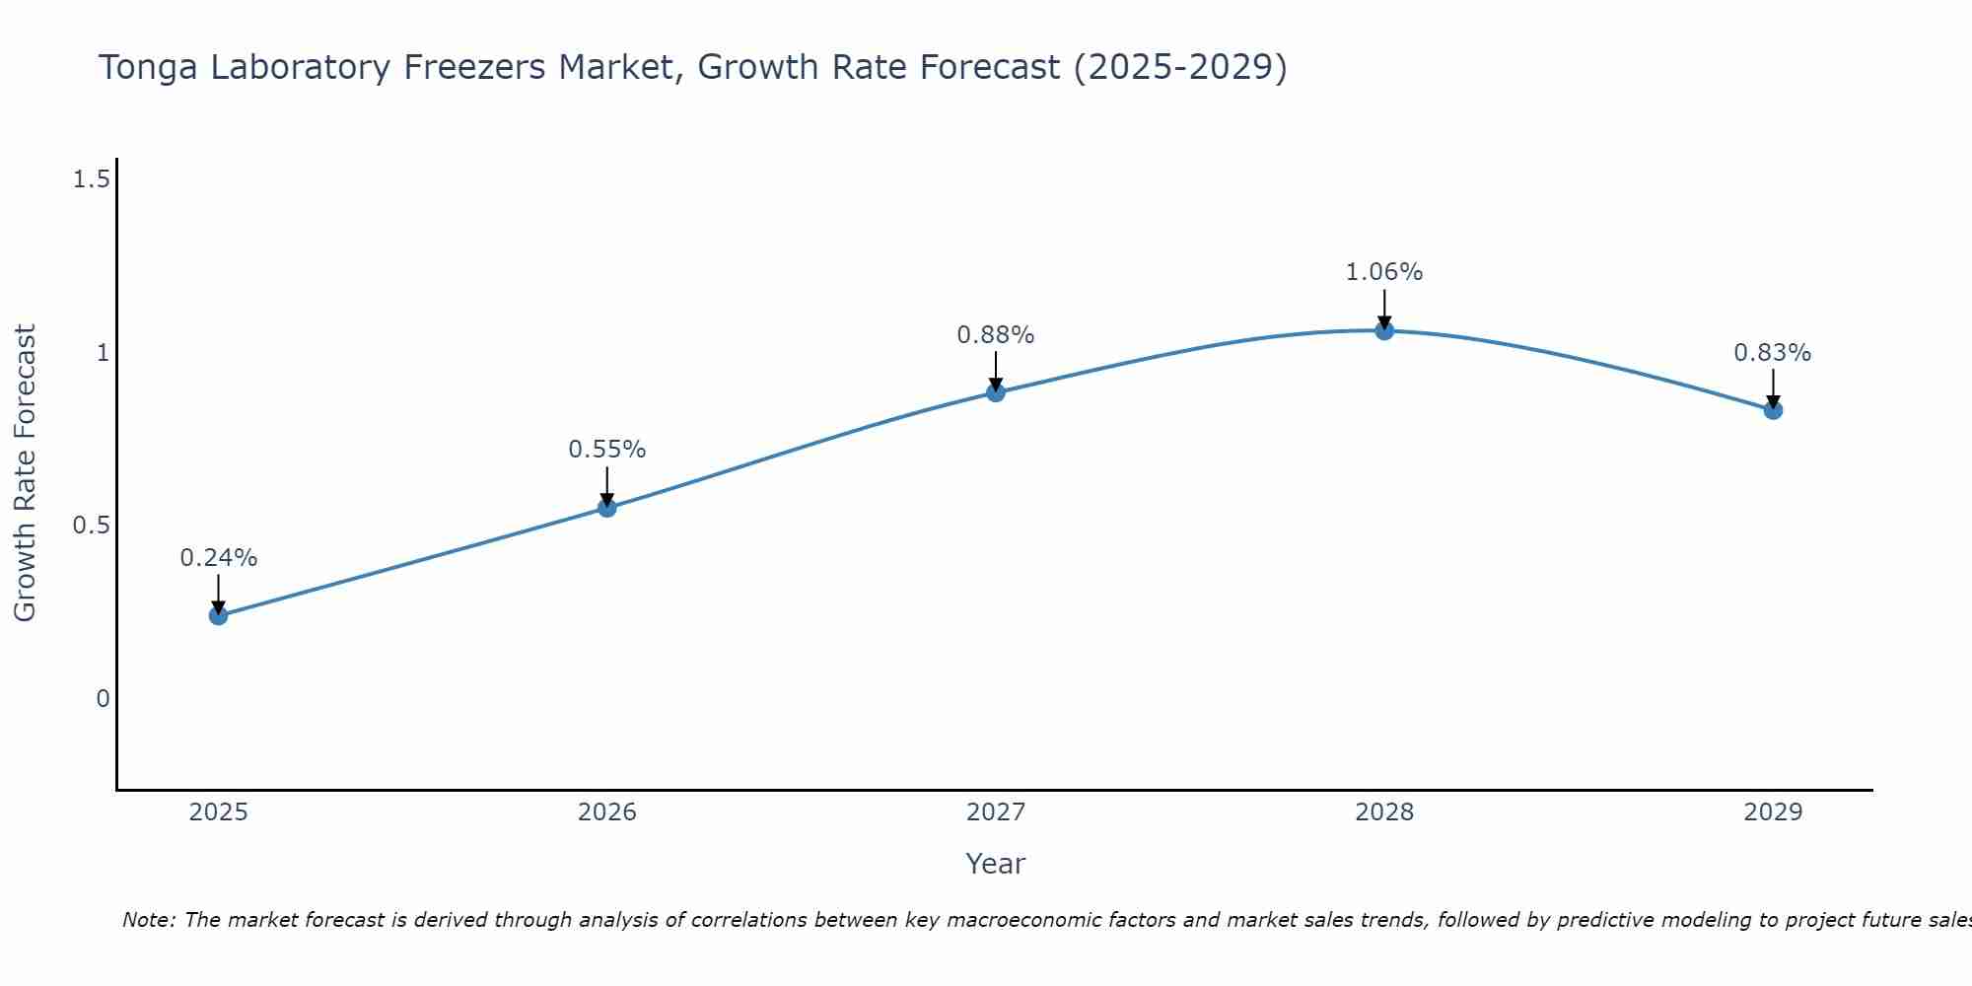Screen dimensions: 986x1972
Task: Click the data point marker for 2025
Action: pyautogui.click(x=218, y=615)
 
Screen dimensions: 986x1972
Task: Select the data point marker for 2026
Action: pyautogui.click(x=607, y=508)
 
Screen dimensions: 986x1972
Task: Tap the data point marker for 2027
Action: pyautogui.click(x=996, y=392)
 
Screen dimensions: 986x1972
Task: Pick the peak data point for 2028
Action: pyautogui.click(x=1384, y=330)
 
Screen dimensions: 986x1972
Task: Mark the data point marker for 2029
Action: pyautogui.click(x=1773, y=410)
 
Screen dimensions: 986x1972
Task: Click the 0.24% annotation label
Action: pyautogui.click(x=218, y=558)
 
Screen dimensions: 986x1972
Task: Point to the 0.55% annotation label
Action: pyautogui.click(x=607, y=450)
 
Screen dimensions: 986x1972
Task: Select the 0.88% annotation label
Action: pyautogui.click(x=996, y=335)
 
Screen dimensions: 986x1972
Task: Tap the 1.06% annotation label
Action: pyautogui.click(x=1384, y=272)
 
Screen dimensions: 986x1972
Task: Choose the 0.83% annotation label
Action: pyautogui.click(x=1773, y=353)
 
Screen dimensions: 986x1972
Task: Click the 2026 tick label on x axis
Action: pyautogui.click(x=607, y=812)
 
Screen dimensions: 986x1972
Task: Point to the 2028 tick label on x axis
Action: pyautogui.click(x=1384, y=812)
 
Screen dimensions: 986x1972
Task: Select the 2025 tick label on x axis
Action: pyautogui.click(x=218, y=812)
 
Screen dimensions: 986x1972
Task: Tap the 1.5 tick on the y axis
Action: pyautogui.click(x=91, y=179)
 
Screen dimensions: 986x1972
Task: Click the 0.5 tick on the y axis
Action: pyautogui.click(x=91, y=526)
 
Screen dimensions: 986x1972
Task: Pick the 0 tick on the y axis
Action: pyautogui.click(x=103, y=699)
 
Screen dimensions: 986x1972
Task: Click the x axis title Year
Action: pyautogui.click(x=996, y=864)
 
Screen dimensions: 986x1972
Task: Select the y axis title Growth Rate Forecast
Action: pyautogui.click(x=25, y=473)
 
